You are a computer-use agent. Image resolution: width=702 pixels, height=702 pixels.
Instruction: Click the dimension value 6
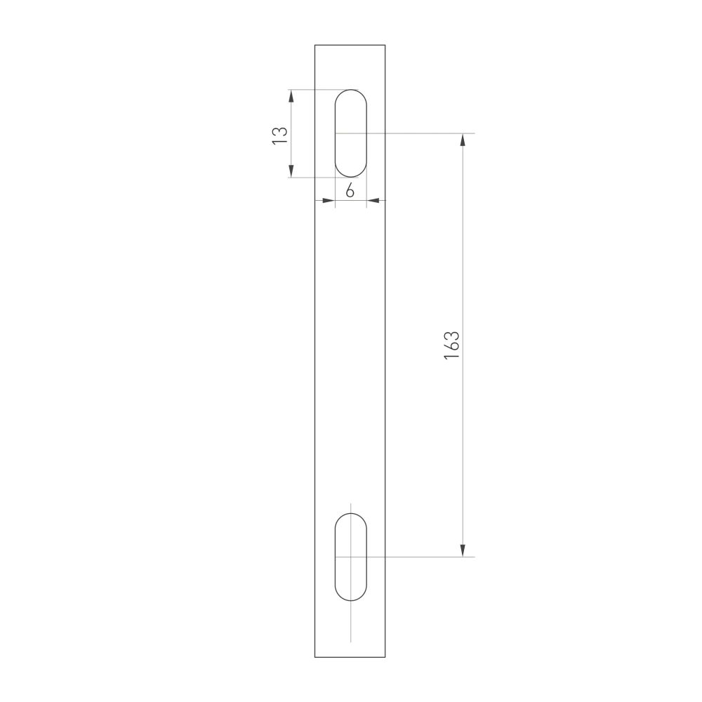[x=350, y=190]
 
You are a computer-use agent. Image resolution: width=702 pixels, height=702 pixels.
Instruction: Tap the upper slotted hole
[x=350, y=133]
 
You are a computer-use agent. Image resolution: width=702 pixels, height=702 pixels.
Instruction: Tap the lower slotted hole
[x=350, y=557]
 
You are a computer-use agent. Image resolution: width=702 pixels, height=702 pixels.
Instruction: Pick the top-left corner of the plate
[x=315, y=45]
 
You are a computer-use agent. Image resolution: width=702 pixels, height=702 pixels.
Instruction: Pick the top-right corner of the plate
[x=385, y=45]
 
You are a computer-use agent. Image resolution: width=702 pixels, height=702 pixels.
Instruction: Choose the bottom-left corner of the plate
[x=315, y=657]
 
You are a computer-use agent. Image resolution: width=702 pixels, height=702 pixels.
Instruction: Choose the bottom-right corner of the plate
[x=385, y=657]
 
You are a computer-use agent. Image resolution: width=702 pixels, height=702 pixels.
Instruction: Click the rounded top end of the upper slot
[x=350, y=91]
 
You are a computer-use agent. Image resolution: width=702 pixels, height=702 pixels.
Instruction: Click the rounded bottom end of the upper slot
[x=350, y=176]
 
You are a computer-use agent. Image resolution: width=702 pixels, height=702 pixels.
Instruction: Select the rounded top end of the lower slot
[x=350, y=514]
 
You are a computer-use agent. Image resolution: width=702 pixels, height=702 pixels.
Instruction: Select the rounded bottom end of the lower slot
[x=350, y=600]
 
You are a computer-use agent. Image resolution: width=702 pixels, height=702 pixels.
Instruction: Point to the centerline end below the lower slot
[x=350, y=640]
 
